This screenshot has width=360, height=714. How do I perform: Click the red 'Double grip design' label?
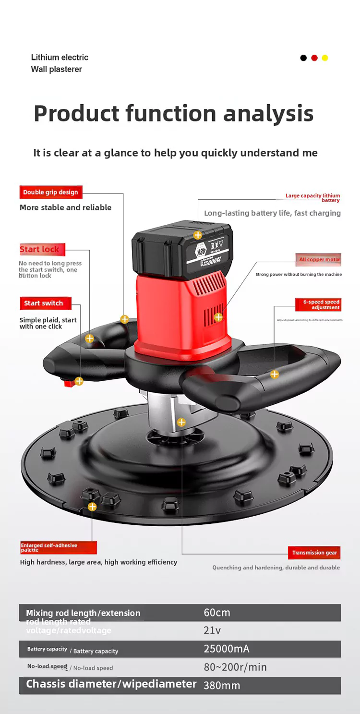tap(50, 192)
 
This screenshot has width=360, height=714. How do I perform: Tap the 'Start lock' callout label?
tap(40, 249)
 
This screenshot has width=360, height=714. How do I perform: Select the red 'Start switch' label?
tap(44, 303)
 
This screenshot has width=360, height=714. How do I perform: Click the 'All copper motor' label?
tap(319, 259)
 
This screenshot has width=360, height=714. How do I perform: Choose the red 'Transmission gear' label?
tap(314, 553)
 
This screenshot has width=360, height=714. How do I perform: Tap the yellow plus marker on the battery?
tap(198, 235)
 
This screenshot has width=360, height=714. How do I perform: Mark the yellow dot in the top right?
tap(325, 58)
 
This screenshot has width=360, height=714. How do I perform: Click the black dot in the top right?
tap(303, 58)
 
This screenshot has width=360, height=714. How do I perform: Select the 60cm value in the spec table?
tap(217, 613)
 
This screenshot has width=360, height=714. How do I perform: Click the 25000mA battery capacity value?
tap(227, 649)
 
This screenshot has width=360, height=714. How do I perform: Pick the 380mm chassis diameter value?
tap(222, 685)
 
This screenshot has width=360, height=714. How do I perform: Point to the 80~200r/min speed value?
tap(235, 667)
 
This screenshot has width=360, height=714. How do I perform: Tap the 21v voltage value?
tap(212, 630)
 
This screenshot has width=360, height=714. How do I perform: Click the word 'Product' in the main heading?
tap(76, 114)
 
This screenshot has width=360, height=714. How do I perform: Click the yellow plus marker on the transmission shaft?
tap(181, 423)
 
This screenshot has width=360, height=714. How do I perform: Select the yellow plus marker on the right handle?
tap(275, 374)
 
